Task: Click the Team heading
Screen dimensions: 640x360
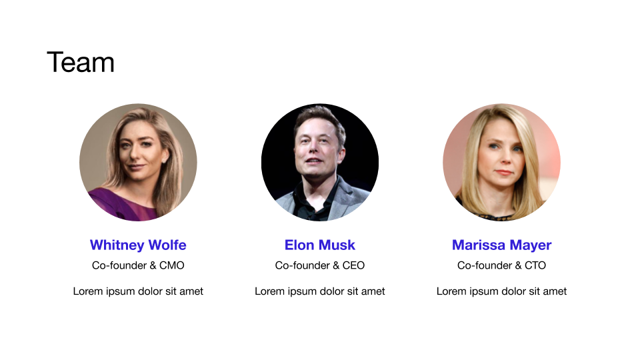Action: [81, 63]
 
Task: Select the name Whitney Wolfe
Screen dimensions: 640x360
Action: [138, 245]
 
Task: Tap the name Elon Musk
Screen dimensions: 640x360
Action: [320, 245]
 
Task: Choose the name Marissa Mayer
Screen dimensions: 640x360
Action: [501, 245]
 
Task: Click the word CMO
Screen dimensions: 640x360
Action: [172, 265]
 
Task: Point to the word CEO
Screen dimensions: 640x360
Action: [353, 265]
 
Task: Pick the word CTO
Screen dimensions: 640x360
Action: [535, 265]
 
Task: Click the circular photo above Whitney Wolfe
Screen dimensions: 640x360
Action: [138, 162]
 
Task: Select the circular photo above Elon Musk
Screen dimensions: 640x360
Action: [320, 162]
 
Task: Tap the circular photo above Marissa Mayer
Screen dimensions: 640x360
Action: [501, 162]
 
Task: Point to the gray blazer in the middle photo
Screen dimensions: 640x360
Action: [351, 198]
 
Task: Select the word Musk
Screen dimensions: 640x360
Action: [337, 245]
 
